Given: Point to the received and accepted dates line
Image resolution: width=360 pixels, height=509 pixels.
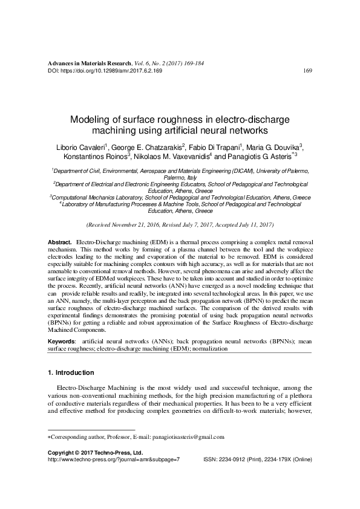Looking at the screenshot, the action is click(x=180, y=224).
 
